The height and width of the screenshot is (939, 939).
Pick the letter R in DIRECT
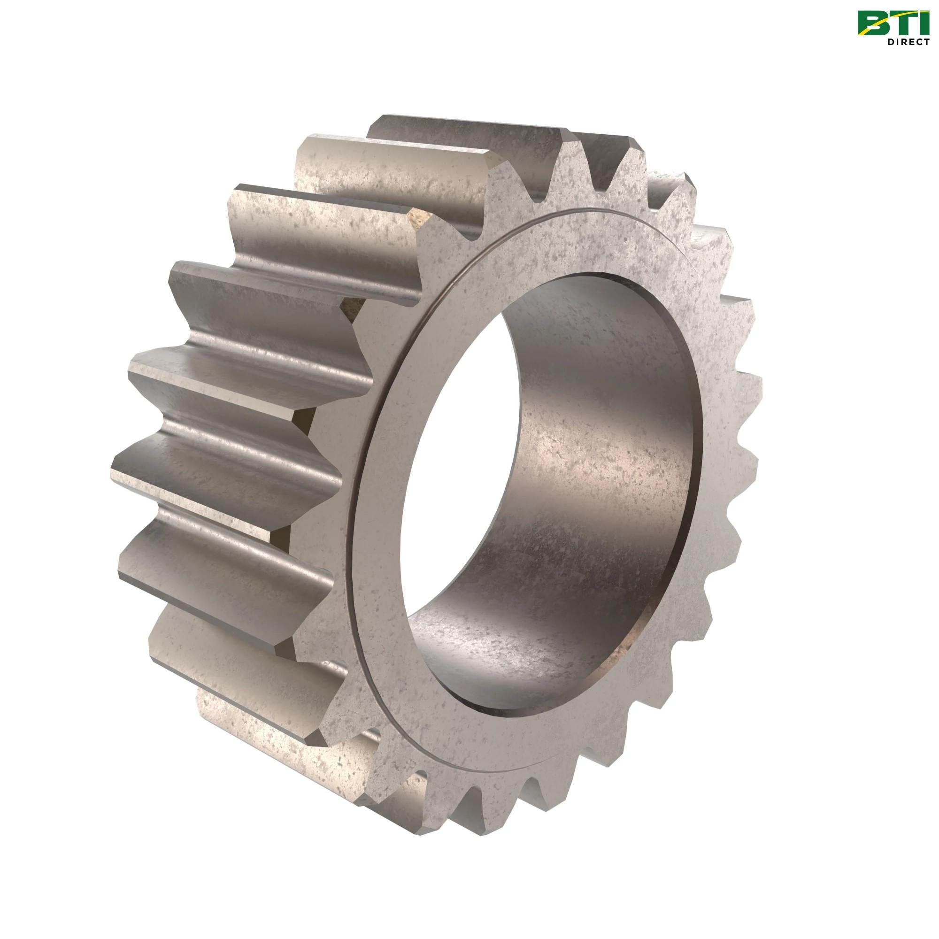(x=902, y=42)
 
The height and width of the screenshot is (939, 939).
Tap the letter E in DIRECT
(x=910, y=42)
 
